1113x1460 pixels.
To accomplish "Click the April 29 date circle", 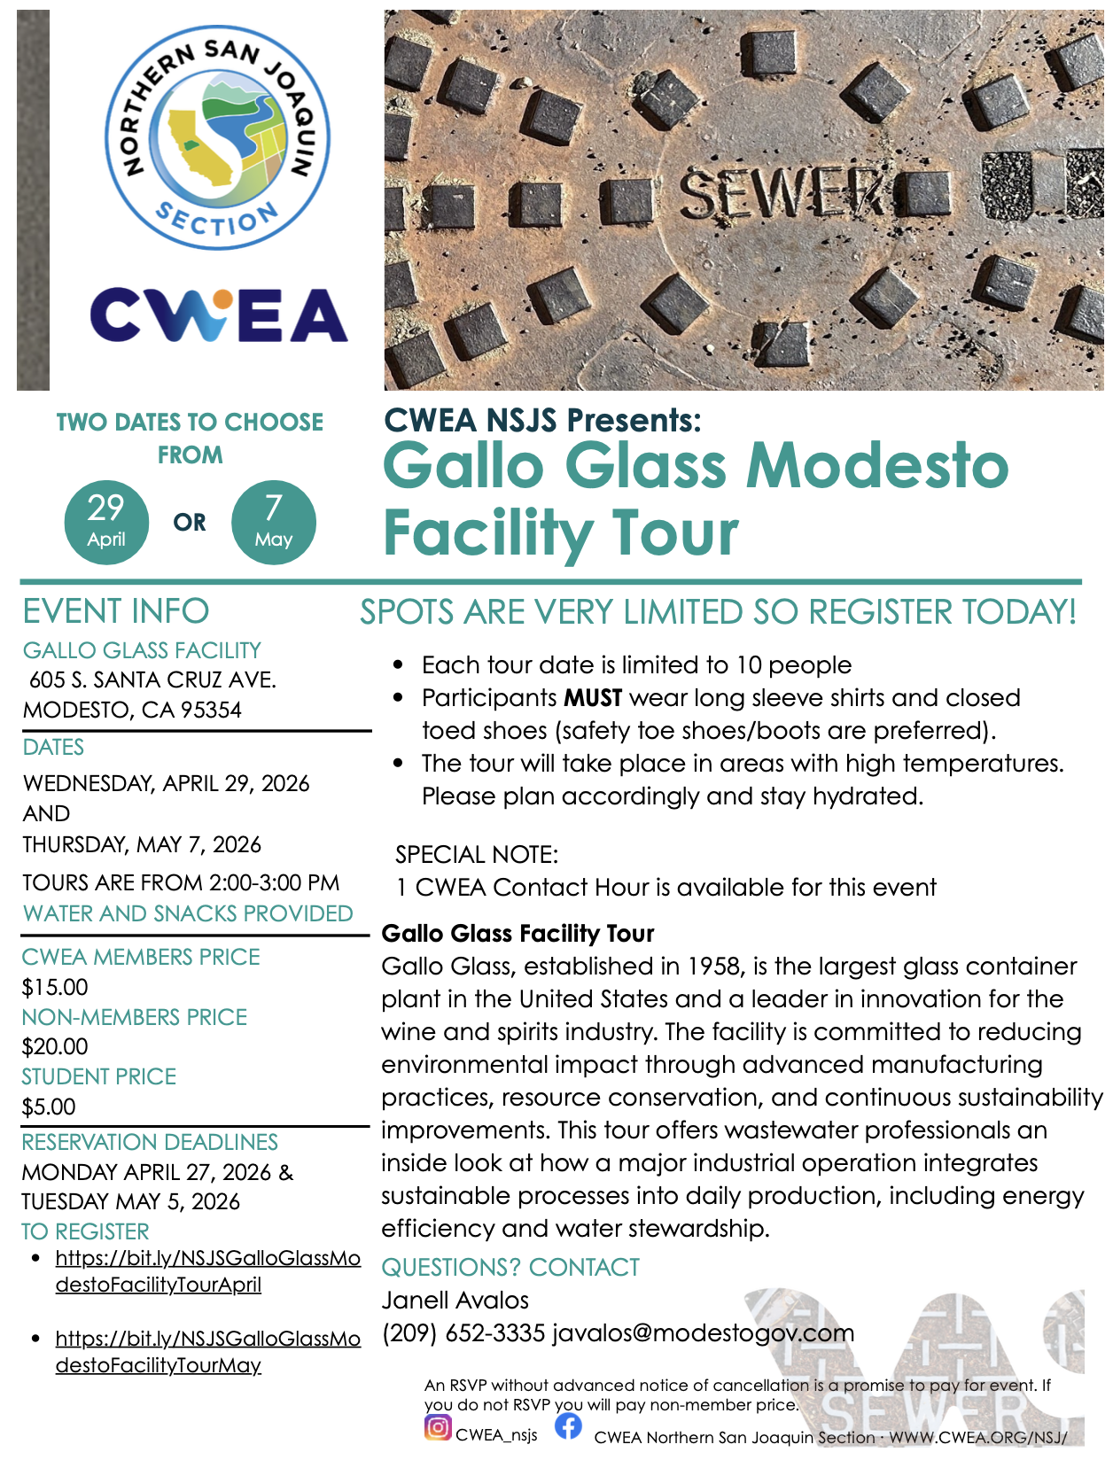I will coord(106,522).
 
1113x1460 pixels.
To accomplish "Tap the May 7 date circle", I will coord(273,522).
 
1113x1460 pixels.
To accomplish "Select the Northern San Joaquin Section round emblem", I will coord(218,137).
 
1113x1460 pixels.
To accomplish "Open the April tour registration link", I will coord(207,1271).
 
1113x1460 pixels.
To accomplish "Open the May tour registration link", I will coord(207,1351).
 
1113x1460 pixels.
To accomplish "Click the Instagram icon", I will coord(438,1427).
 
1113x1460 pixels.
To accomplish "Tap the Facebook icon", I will coord(568,1426).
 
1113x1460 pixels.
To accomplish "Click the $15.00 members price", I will coord(55,987).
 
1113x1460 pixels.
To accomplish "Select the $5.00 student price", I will coord(50,1107).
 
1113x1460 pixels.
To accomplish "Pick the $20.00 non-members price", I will coord(55,1046).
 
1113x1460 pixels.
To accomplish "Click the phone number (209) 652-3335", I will coord(463,1333).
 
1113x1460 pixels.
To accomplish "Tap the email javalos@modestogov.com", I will coord(703,1333).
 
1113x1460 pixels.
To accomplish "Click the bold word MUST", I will coord(593,698).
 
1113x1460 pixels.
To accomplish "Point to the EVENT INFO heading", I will coord(116,611).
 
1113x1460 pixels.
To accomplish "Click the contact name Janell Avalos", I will coord(455,1301).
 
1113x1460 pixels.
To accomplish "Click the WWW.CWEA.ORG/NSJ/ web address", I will coord(978,1437).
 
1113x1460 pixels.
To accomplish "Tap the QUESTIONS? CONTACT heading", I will coord(510,1268).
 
